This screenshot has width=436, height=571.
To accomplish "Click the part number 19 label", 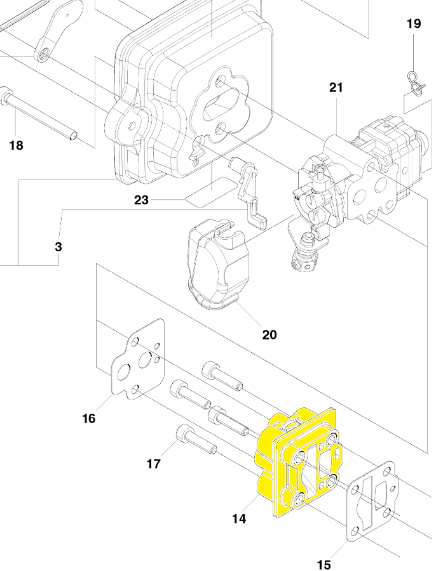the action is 414,23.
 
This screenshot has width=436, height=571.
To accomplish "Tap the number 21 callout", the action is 336,88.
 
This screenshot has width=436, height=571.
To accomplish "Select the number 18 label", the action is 16,145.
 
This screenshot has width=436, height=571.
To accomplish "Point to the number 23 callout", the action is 141,200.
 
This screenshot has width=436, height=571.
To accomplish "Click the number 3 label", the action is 58,247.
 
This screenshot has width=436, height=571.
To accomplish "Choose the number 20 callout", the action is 269,334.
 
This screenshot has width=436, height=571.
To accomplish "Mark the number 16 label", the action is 88,419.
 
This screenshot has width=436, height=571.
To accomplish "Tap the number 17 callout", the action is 154,464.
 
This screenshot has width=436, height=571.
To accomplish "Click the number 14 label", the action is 239,518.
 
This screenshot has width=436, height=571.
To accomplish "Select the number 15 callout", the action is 324,565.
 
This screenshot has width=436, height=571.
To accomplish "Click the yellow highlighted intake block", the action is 297,463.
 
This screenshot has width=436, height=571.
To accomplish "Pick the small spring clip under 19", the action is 416,83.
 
